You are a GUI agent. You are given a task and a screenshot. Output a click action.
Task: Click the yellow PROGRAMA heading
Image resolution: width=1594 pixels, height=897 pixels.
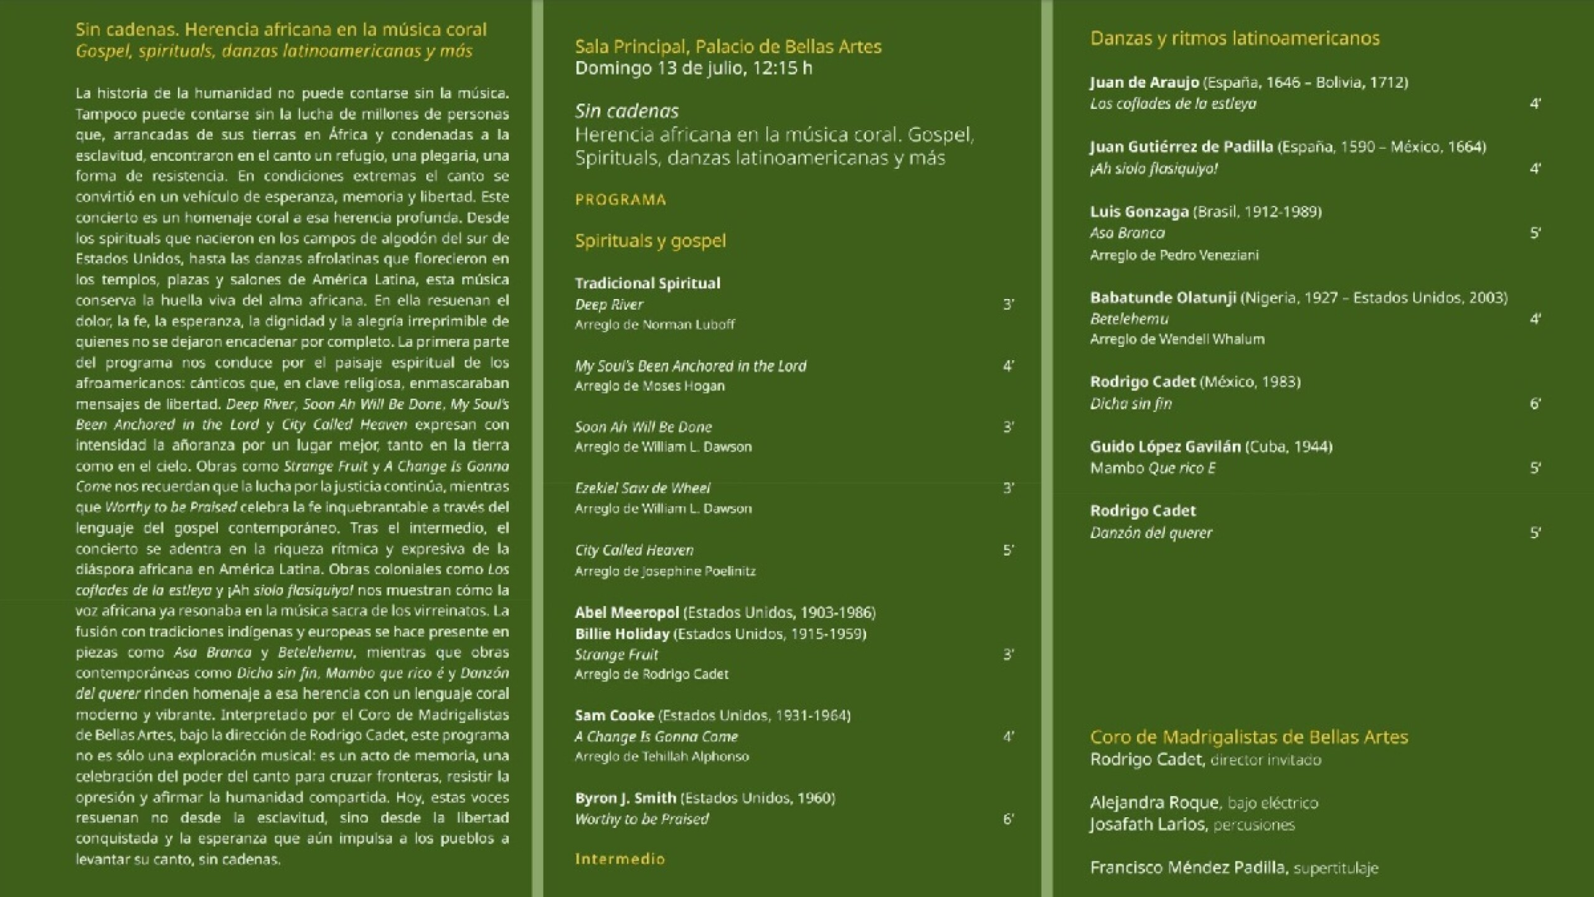(x=620, y=200)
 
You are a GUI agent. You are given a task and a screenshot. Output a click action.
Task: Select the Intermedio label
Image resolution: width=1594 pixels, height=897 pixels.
(x=620, y=859)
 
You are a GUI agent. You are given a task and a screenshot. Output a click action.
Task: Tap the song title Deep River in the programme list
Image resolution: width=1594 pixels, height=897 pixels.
(x=609, y=305)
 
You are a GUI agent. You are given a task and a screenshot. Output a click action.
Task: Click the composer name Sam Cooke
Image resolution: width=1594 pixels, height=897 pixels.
(x=615, y=716)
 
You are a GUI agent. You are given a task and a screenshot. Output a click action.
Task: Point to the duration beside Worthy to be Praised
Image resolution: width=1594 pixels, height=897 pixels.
(x=1008, y=819)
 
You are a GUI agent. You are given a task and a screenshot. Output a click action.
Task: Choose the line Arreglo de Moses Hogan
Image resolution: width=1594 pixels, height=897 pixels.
(x=649, y=386)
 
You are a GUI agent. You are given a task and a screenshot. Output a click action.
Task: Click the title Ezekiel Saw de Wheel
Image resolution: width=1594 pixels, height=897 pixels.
(x=643, y=488)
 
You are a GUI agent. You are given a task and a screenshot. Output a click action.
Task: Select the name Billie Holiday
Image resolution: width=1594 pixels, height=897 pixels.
(x=622, y=634)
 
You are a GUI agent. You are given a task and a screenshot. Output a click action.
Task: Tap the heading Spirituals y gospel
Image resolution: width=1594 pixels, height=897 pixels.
(x=650, y=241)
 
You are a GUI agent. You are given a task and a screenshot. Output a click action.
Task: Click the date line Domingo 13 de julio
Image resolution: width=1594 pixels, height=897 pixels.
(x=693, y=68)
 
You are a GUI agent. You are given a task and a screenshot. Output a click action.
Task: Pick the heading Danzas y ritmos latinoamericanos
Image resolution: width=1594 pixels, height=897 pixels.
(x=1235, y=39)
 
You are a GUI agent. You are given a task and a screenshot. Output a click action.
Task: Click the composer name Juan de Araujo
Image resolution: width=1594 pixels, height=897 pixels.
(x=1144, y=83)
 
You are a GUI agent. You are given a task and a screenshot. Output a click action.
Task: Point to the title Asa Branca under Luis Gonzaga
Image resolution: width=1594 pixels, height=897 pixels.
(x=1127, y=233)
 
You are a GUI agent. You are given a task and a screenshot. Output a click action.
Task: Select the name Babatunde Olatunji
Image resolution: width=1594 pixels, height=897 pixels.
(x=1162, y=298)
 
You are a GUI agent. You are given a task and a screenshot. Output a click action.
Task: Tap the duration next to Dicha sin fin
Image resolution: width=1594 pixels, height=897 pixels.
(x=1535, y=404)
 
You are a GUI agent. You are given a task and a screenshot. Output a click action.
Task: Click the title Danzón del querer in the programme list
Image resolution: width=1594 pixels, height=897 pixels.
(x=1151, y=533)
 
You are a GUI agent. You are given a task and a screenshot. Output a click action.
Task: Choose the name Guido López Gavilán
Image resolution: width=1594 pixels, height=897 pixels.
(x=1165, y=447)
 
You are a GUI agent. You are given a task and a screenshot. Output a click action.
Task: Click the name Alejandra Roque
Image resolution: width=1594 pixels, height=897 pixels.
(x=1154, y=803)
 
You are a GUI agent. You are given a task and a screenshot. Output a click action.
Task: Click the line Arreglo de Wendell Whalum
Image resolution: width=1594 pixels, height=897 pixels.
(x=1177, y=339)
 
